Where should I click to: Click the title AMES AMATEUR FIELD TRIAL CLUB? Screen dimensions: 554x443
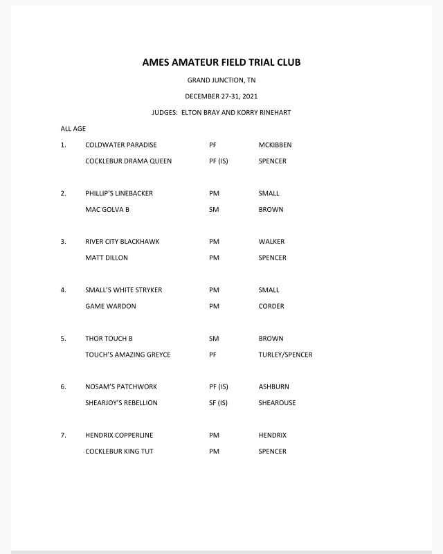(221, 62)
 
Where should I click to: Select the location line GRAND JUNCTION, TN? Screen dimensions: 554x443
(221, 80)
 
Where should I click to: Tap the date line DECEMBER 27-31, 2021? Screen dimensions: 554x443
(221, 96)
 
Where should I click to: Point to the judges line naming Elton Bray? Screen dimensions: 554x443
(221, 112)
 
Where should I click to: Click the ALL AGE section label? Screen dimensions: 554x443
(73, 129)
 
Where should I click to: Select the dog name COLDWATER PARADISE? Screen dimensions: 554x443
(120, 145)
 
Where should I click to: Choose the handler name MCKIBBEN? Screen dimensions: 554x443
(275, 145)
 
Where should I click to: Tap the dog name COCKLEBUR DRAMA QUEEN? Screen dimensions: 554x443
(128, 161)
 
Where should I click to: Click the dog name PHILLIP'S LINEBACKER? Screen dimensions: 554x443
(119, 193)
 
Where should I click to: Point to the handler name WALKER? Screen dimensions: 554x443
(271, 242)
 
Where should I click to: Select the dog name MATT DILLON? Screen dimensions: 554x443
(107, 258)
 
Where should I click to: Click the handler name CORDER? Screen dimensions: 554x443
(271, 306)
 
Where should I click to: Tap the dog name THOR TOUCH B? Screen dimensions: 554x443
(109, 339)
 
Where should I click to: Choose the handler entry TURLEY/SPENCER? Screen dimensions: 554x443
(285, 355)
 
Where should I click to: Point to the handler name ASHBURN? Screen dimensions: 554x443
(273, 386)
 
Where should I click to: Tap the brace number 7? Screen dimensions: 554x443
(63, 435)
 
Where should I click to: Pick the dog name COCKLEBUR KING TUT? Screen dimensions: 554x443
(119, 452)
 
